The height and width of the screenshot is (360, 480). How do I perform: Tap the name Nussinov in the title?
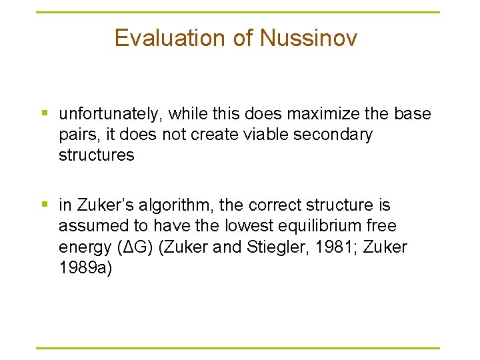pyautogui.click(x=308, y=38)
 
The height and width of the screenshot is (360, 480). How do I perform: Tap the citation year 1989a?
pyautogui.click(x=85, y=268)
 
